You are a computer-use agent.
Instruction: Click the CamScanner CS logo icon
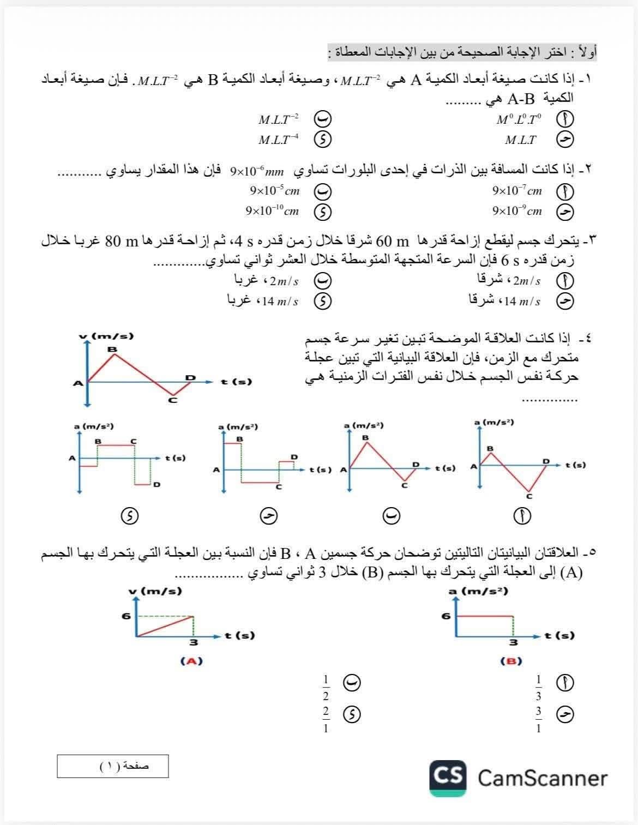coord(448,777)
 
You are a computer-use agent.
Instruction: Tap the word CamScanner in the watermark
coord(543,778)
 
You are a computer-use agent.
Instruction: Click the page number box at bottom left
coord(113,766)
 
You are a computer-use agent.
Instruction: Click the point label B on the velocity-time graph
coord(112,349)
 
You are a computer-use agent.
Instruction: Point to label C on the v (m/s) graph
coord(173,401)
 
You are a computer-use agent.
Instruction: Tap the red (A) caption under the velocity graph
coord(191,661)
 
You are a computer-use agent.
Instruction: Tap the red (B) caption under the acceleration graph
coord(511,661)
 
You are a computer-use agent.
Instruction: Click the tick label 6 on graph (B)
coord(446,616)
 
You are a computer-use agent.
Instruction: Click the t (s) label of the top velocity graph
coord(236,382)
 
